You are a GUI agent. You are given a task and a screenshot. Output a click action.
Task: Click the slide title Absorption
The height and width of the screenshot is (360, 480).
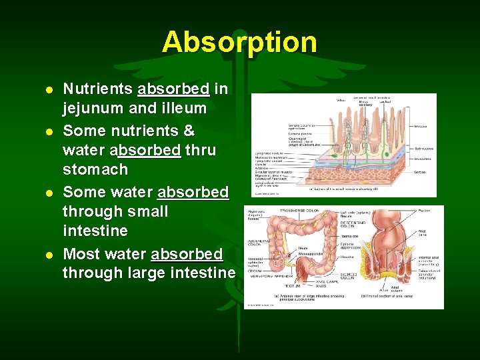(x=239, y=42)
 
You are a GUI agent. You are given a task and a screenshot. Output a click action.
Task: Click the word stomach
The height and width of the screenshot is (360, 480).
(x=95, y=169)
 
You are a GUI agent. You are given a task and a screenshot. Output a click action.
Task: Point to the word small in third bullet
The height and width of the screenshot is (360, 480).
(x=148, y=211)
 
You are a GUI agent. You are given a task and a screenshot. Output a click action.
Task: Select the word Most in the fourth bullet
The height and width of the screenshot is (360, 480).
(x=80, y=254)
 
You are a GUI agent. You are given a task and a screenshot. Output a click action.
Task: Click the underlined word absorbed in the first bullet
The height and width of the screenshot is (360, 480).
(x=173, y=89)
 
